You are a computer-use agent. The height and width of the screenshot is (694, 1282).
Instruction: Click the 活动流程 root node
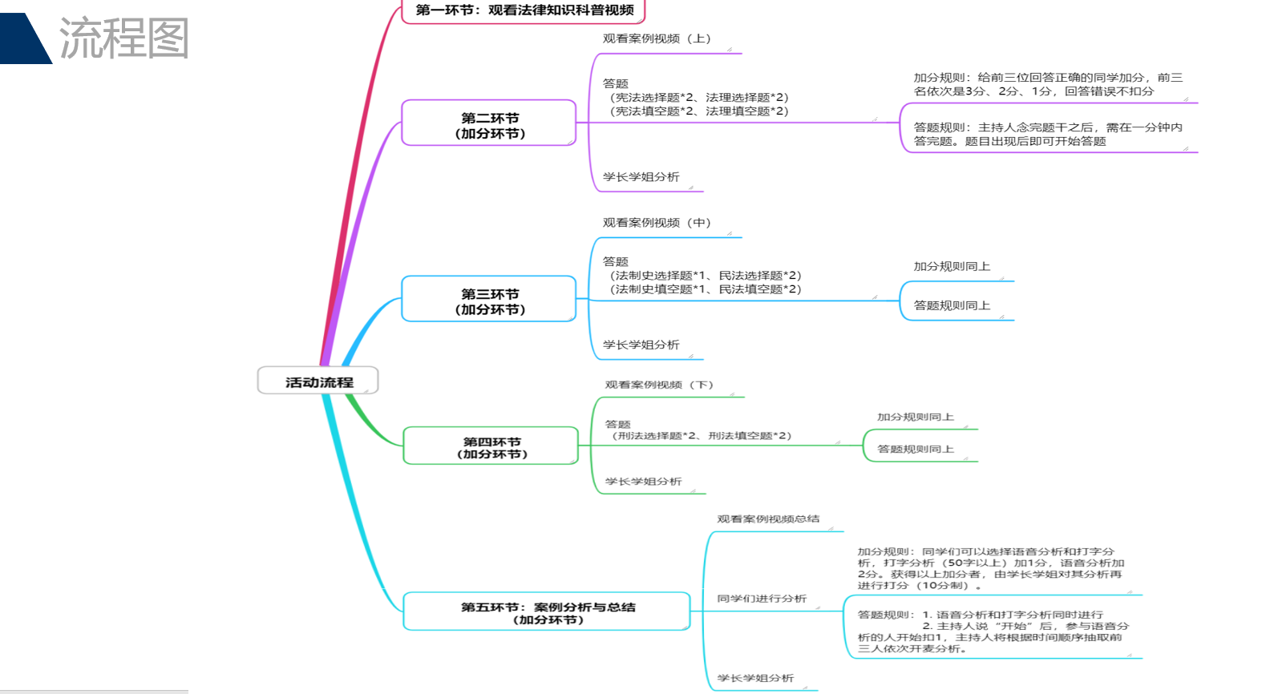point(318,381)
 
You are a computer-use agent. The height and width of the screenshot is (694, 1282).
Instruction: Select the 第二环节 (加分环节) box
point(489,125)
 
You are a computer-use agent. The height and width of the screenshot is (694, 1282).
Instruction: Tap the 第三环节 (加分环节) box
point(489,301)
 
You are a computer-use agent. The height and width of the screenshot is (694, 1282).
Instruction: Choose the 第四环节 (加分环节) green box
point(491,447)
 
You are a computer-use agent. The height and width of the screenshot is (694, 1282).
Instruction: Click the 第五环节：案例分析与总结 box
point(547,613)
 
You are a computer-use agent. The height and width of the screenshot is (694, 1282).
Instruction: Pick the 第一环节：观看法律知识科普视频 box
point(524,10)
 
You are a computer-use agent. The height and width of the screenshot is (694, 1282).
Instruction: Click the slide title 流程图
point(124,38)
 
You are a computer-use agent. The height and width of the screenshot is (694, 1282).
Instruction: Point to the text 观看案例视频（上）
point(657,38)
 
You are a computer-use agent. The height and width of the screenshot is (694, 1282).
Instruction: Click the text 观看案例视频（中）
point(657,223)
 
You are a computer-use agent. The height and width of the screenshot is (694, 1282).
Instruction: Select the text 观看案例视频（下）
point(659,385)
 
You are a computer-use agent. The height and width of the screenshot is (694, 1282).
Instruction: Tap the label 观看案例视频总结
point(768,518)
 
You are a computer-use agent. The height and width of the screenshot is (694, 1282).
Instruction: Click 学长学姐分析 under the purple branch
point(641,177)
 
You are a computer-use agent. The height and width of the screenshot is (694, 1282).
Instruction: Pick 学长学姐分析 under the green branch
point(643,482)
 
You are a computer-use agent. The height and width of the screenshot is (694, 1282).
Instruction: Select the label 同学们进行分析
point(762,599)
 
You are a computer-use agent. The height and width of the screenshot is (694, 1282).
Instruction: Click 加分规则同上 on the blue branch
point(952,267)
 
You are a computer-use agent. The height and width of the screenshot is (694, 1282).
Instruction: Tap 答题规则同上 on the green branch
point(915,450)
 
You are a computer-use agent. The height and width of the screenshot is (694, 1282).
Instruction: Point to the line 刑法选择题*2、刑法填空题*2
point(702,436)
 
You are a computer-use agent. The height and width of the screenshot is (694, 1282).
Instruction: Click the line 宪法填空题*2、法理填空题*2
point(699,111)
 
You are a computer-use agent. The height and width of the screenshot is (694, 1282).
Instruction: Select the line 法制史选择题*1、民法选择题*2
point(706,276)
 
